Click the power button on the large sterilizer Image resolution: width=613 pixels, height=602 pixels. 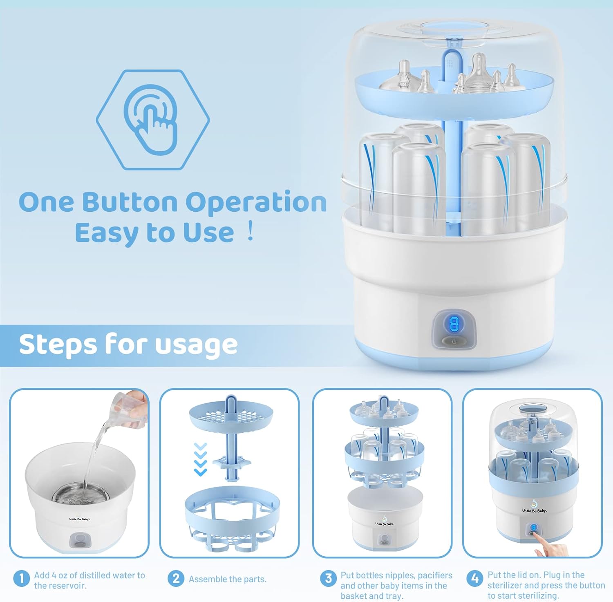point(454,341)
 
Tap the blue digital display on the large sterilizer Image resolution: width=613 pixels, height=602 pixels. point(454,324)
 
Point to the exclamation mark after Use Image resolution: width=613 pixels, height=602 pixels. point(250,231)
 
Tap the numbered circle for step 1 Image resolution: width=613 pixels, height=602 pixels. point(21,578)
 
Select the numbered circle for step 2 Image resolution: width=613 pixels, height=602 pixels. point(176,578)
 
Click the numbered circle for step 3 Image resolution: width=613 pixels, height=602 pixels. point(329,578)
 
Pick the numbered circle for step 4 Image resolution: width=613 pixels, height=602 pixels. point(475,578)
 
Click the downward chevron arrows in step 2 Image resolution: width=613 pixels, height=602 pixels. point(200,459)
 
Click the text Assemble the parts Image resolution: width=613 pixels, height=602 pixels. point(228,579)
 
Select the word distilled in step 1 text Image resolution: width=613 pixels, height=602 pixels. point(90,575)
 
